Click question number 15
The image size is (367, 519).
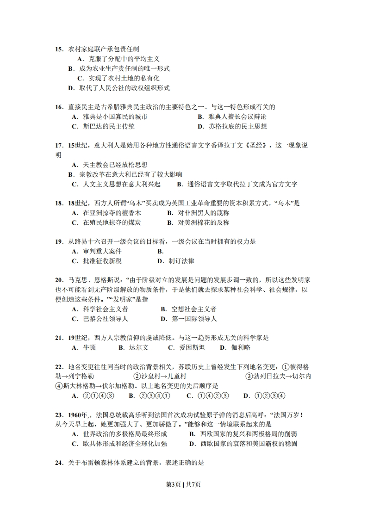click(x=59, y=49)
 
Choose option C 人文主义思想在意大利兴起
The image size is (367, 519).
click(x=116, y=184)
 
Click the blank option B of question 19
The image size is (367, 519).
click(x=161, y=251)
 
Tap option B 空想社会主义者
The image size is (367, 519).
click(x=188, y=309)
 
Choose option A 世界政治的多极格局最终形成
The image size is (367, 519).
click(x=119, y=434)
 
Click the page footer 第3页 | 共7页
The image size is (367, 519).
click(x=183, y=484)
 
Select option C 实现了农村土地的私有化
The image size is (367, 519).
click(x=118, y=78)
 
